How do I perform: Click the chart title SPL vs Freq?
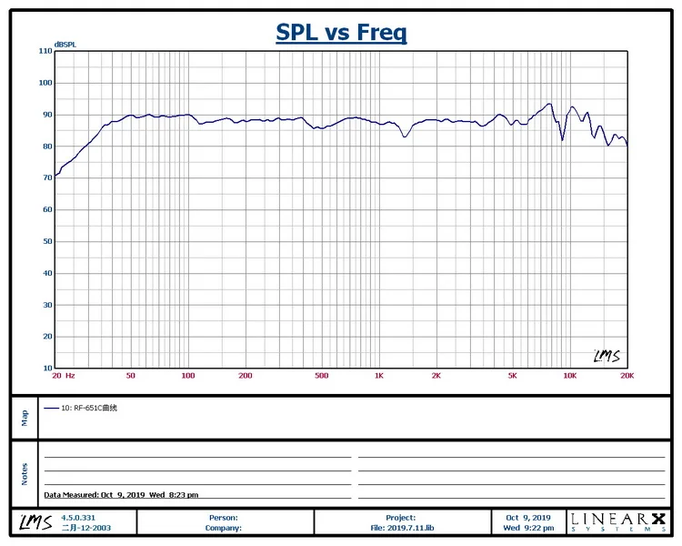point(341,33)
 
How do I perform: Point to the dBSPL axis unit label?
point(65,44)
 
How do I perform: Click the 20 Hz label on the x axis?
point(64,375)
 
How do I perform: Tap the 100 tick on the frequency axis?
point(187,375)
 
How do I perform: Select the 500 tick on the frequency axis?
point(321,375)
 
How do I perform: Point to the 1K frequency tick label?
point(379,375)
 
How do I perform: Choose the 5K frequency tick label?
point(513,375)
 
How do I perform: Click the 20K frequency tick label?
point(626,375)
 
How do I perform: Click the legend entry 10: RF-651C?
point(89,409)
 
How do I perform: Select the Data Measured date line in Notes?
point(121,495)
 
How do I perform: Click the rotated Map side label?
point(25,417)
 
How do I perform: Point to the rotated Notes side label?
point(25,473)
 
